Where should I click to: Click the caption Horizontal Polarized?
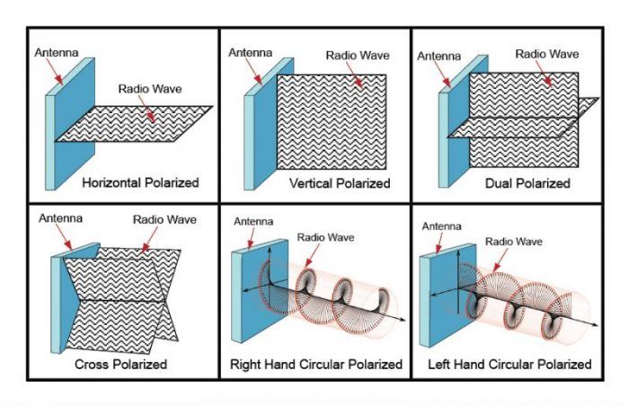[x=139, y=182]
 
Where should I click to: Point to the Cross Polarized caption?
[x=121, y=365]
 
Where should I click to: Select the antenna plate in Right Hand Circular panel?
[x=247, y=296]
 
